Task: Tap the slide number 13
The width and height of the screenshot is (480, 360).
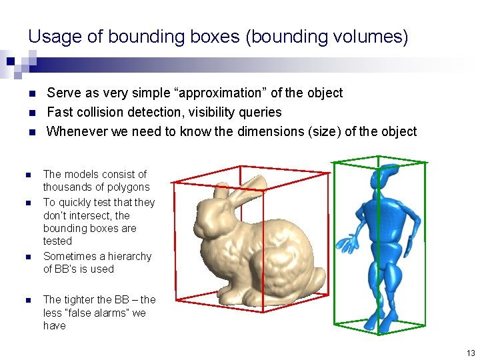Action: tap(471, 353)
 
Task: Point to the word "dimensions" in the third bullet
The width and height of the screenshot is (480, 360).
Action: tap(267, 131)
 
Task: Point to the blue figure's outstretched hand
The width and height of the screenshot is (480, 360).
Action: tap(346, 243)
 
